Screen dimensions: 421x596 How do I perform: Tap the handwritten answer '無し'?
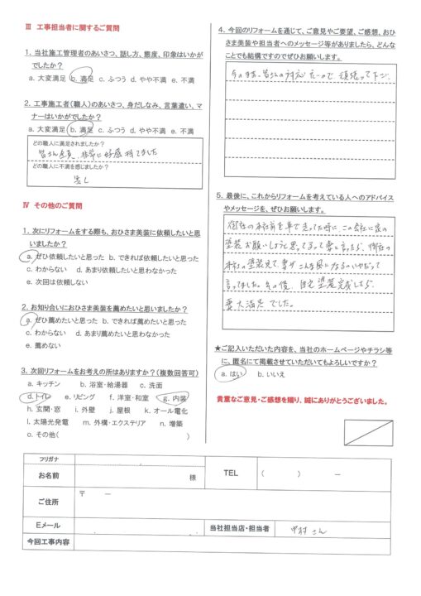click(x=81, y=179)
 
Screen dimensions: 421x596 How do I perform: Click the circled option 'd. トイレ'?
click(x=38, y=398)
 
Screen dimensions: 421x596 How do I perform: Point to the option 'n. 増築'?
click(x=170, y=423)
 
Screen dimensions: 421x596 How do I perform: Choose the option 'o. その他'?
click(x=46, y=435)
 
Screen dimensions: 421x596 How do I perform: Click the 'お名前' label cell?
click(x=48, y=476)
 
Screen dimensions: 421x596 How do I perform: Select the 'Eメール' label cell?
click(x=48, y=527)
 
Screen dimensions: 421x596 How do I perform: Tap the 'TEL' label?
click(x=231, y=473)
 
